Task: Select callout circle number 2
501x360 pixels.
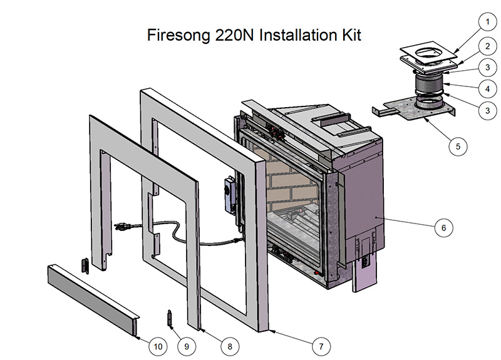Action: click(484, 45)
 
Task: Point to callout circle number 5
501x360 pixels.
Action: click(458, 146)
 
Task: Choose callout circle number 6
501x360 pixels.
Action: click(443, 228)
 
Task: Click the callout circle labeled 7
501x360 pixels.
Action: click(321, 345)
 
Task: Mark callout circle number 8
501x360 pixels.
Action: click(230, 345)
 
